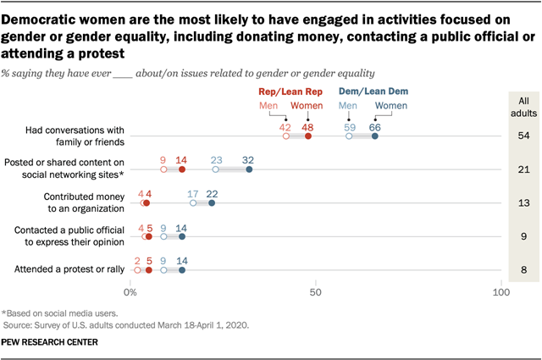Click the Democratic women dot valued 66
374,136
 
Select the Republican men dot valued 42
286,136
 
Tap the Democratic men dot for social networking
216,169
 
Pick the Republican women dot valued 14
182,169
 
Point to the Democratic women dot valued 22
212,202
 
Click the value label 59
350,125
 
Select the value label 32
248,158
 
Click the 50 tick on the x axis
316,292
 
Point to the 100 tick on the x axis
501,292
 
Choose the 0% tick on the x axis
131,292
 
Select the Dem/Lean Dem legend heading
362,91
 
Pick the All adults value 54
523,136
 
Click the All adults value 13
523,202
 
